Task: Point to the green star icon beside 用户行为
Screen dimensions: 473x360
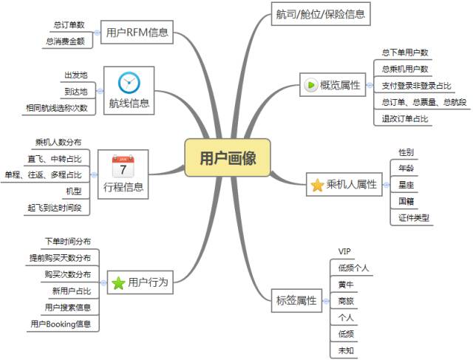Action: (x=118, y=282)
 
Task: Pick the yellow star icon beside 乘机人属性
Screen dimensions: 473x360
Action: (x=317, y=186)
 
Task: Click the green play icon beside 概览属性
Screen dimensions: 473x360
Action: (x=310, y=85)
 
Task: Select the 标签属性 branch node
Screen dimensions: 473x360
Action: (x=296, y=300)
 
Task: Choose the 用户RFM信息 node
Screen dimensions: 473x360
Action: (x=137, y=33)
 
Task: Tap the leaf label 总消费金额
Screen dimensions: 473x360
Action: (x=69, y=41)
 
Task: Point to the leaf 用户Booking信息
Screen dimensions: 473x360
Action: (x=61, y=323)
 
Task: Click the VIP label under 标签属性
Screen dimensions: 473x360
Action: (x=345, y=252)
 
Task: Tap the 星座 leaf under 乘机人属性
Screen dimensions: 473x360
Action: (x=406, y=184)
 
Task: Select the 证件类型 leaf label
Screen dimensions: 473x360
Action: (x=413, y=217)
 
